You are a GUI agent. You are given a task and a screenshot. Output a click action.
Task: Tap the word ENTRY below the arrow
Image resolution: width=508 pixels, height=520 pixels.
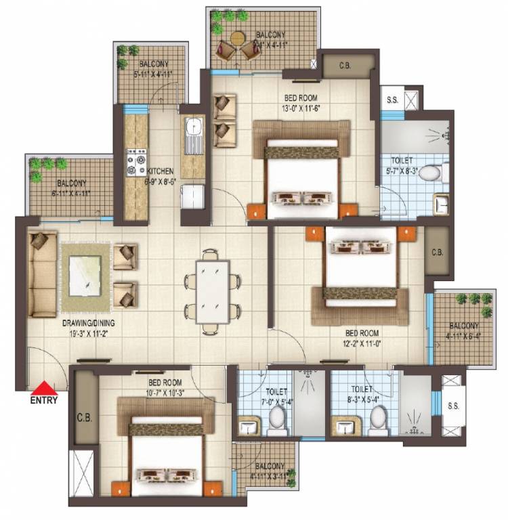(x=45, y=399)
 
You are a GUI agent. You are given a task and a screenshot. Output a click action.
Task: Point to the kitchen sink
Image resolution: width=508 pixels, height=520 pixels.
(x=193, y=127)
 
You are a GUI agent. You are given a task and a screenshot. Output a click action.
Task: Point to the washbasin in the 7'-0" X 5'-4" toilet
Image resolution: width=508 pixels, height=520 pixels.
(x=249, y=427)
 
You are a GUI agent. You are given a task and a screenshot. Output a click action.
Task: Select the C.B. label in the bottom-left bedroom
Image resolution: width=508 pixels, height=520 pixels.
(x=85, y=417)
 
